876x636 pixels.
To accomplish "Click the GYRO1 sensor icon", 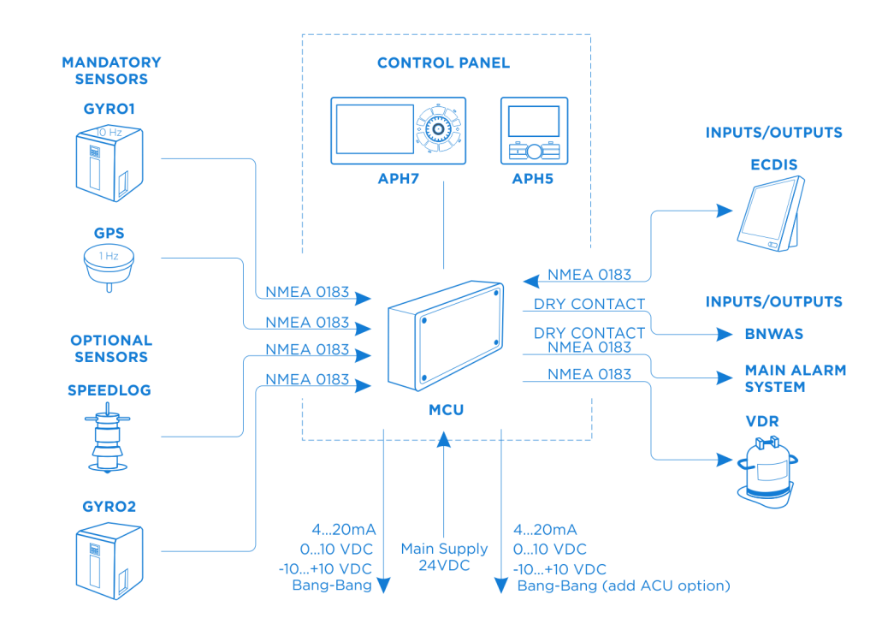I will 109,163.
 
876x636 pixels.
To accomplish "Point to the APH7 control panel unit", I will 399,130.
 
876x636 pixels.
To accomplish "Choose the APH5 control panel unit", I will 534,130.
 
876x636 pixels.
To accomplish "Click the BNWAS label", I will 774,334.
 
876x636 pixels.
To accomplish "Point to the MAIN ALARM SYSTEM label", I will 795,378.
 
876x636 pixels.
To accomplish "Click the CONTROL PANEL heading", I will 443,63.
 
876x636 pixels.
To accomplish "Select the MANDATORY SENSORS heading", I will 111,71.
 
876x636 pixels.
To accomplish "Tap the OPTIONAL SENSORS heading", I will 111,348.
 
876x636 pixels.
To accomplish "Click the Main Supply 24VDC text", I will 444,556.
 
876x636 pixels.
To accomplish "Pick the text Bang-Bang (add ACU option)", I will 623,586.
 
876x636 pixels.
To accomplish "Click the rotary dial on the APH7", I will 439,130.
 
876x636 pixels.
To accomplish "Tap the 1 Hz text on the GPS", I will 107,255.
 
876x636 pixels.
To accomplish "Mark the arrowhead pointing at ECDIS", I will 725,210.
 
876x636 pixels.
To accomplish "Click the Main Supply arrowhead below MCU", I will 443,442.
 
